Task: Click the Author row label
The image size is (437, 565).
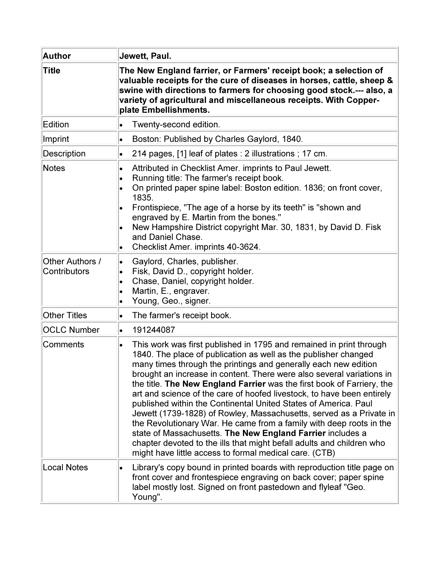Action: pos(57,56)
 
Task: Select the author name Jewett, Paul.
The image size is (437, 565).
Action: pos(145,56)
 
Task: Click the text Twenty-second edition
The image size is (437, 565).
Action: pos(176,124)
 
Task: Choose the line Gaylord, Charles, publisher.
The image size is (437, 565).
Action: pos(185,261)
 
